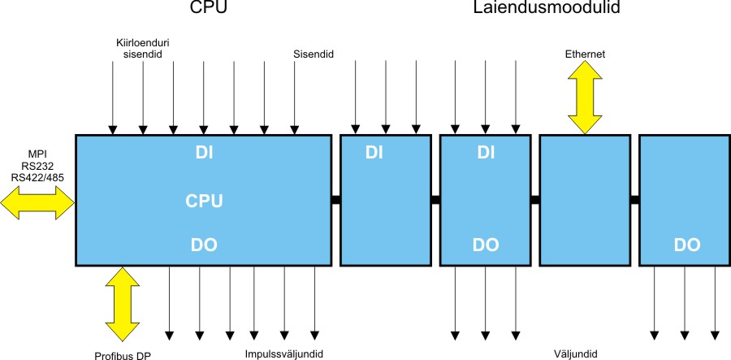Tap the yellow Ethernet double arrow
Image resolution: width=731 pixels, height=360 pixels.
click(x=585, y=98)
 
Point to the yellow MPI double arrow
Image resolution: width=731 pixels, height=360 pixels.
click(x=37, y=201)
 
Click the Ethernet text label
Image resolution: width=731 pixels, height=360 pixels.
click(x=585, y=54)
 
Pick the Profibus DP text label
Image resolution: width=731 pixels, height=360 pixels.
click(x=123, y=355)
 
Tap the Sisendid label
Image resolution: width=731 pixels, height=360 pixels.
click(x=314, y=54)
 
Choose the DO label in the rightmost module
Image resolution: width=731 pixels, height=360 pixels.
click(x=686, y=244)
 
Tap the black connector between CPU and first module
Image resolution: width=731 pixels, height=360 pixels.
click(x=335, y=200)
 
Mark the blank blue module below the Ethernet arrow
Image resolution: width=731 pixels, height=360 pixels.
click(x=585, y=200)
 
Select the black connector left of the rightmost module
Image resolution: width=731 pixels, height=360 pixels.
click(x=634, y=200)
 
